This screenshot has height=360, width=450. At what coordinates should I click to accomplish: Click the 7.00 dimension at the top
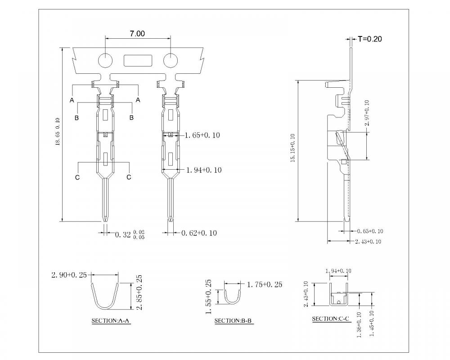pyautogui.click(x=137, y=34)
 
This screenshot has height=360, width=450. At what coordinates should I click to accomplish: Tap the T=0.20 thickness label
pyautogui.click(x=369, y=39)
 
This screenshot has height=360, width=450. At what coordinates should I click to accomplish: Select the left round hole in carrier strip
pyautogui.click(x=106, y=61)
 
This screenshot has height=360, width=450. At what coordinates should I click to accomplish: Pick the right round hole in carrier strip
pyautogui.click(x=171, y=61)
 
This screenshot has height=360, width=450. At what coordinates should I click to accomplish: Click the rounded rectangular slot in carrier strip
pyautogui.click(x=138, y=60)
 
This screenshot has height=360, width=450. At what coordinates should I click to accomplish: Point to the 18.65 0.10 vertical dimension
pyautogui.click(x=58, y=132)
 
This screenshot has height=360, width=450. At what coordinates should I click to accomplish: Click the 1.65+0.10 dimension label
pyautogui.click(x=202, y=135)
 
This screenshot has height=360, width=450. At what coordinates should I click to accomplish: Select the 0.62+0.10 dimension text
pyautogui.click(x=199, y=233)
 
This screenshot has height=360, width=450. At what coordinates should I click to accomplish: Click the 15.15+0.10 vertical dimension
pyautogui.click(x=293, y=148)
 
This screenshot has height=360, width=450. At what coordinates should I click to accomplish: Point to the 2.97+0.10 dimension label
pyautogui.click(x=367, y=113)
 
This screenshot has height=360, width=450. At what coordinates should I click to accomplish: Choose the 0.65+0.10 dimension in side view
pyautogui.click(x=370, y=231)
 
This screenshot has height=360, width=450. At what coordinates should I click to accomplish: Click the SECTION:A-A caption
pyautogui.click(x=111, y=321)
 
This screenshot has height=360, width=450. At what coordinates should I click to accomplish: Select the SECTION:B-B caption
pyautogui.click(x=234, y=321)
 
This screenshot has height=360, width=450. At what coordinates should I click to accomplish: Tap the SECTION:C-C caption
pyautogui.click(x=332, y=319)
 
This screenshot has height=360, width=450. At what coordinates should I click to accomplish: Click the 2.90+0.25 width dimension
pyautogui.click(x=69, y=275)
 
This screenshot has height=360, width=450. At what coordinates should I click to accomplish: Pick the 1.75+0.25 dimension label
pyautogui.click(x=265, y=284)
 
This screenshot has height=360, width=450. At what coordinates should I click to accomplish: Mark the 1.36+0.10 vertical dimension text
pyautogui.click(x=359, y=325)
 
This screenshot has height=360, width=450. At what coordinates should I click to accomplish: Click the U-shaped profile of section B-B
pyautogui.click(x=232, y=302)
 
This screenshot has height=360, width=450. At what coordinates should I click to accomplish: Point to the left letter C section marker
pyautogui.click(x=77, y=177)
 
